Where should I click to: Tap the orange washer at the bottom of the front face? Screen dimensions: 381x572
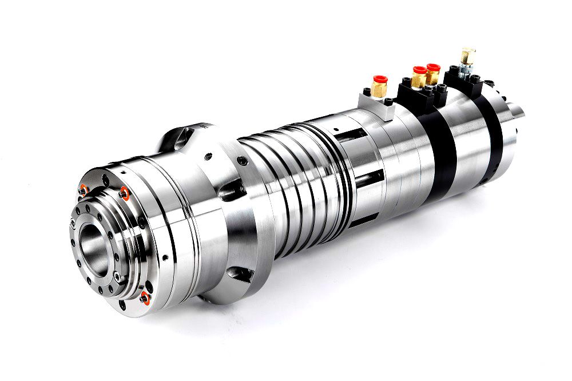144,296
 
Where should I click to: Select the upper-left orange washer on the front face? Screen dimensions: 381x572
84,189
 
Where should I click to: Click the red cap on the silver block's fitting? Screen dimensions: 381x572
379,79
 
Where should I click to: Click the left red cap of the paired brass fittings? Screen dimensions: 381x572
420,70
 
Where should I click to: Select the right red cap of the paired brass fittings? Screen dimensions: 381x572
433,68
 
